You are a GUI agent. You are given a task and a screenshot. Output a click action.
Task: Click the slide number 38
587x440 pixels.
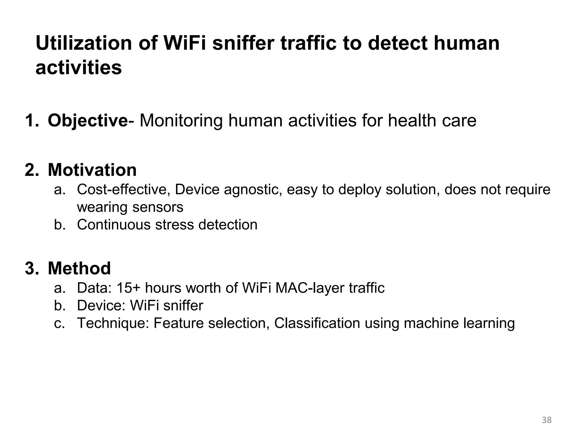[x=547, y=420]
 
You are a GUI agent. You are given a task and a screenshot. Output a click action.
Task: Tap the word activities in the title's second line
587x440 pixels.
[x=79, y=68]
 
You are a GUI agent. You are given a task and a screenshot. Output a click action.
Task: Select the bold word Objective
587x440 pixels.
[x=88, y=121]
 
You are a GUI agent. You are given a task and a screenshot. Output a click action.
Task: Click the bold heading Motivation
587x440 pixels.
[x=92, y=170]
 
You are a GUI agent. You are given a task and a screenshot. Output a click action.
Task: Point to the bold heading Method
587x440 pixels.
[x=79, y=268]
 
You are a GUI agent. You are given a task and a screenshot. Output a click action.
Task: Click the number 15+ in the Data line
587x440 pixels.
[x=128, y=288]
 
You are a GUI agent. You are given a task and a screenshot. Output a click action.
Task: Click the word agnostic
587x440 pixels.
[x=253, y=190]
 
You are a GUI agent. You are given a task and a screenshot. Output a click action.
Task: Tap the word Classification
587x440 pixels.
[x=317, y=323]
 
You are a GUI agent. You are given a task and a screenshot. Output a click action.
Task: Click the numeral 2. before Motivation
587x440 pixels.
[x=32, y=170]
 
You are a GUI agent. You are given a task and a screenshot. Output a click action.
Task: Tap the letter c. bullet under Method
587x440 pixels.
[x=60, y=323]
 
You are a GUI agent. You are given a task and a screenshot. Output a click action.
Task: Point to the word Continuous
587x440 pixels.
[x=114, y=225]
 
